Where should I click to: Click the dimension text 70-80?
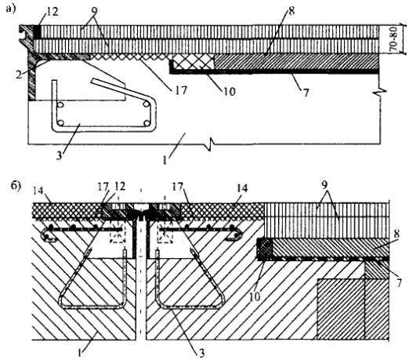pyautogui.click(x=394, y=39)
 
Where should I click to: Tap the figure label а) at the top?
pyautogui.click(x=11, y=9)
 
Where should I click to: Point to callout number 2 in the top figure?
pyautogui.click(x=19, y=75)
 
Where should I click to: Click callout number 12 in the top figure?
pyautogui.click(x=52, y=12)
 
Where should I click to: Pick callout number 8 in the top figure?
pyautogui.click(x=291, y=10)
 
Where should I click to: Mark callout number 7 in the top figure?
pyautogui.click(x=306, y=93)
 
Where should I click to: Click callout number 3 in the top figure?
pyautogui.click(x=60, y=155)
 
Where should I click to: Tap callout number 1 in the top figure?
pyautogui.click(x=165, y=160)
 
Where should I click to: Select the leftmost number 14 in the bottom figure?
pyautogui.click(x=38, y=191)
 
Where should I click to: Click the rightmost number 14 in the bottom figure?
pyautogui.click(x=242, y=188)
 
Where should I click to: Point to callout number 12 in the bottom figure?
pyautogui.click(x=120, y=186)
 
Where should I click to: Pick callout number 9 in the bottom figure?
pyautogui.click(x=324, y=185)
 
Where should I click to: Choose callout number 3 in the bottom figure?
pyautogui.click(x=201, y=353)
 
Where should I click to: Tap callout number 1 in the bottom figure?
pyautogui.click(x=80, y=352)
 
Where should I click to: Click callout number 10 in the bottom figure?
pyautogui.click(x=255, y=296)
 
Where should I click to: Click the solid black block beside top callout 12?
pyautogui.click(x=37, y=31)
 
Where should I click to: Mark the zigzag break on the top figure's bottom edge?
pyautogui.click(x=211, y=144)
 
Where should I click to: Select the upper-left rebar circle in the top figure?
pyautogui.click(x=60, y=105)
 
